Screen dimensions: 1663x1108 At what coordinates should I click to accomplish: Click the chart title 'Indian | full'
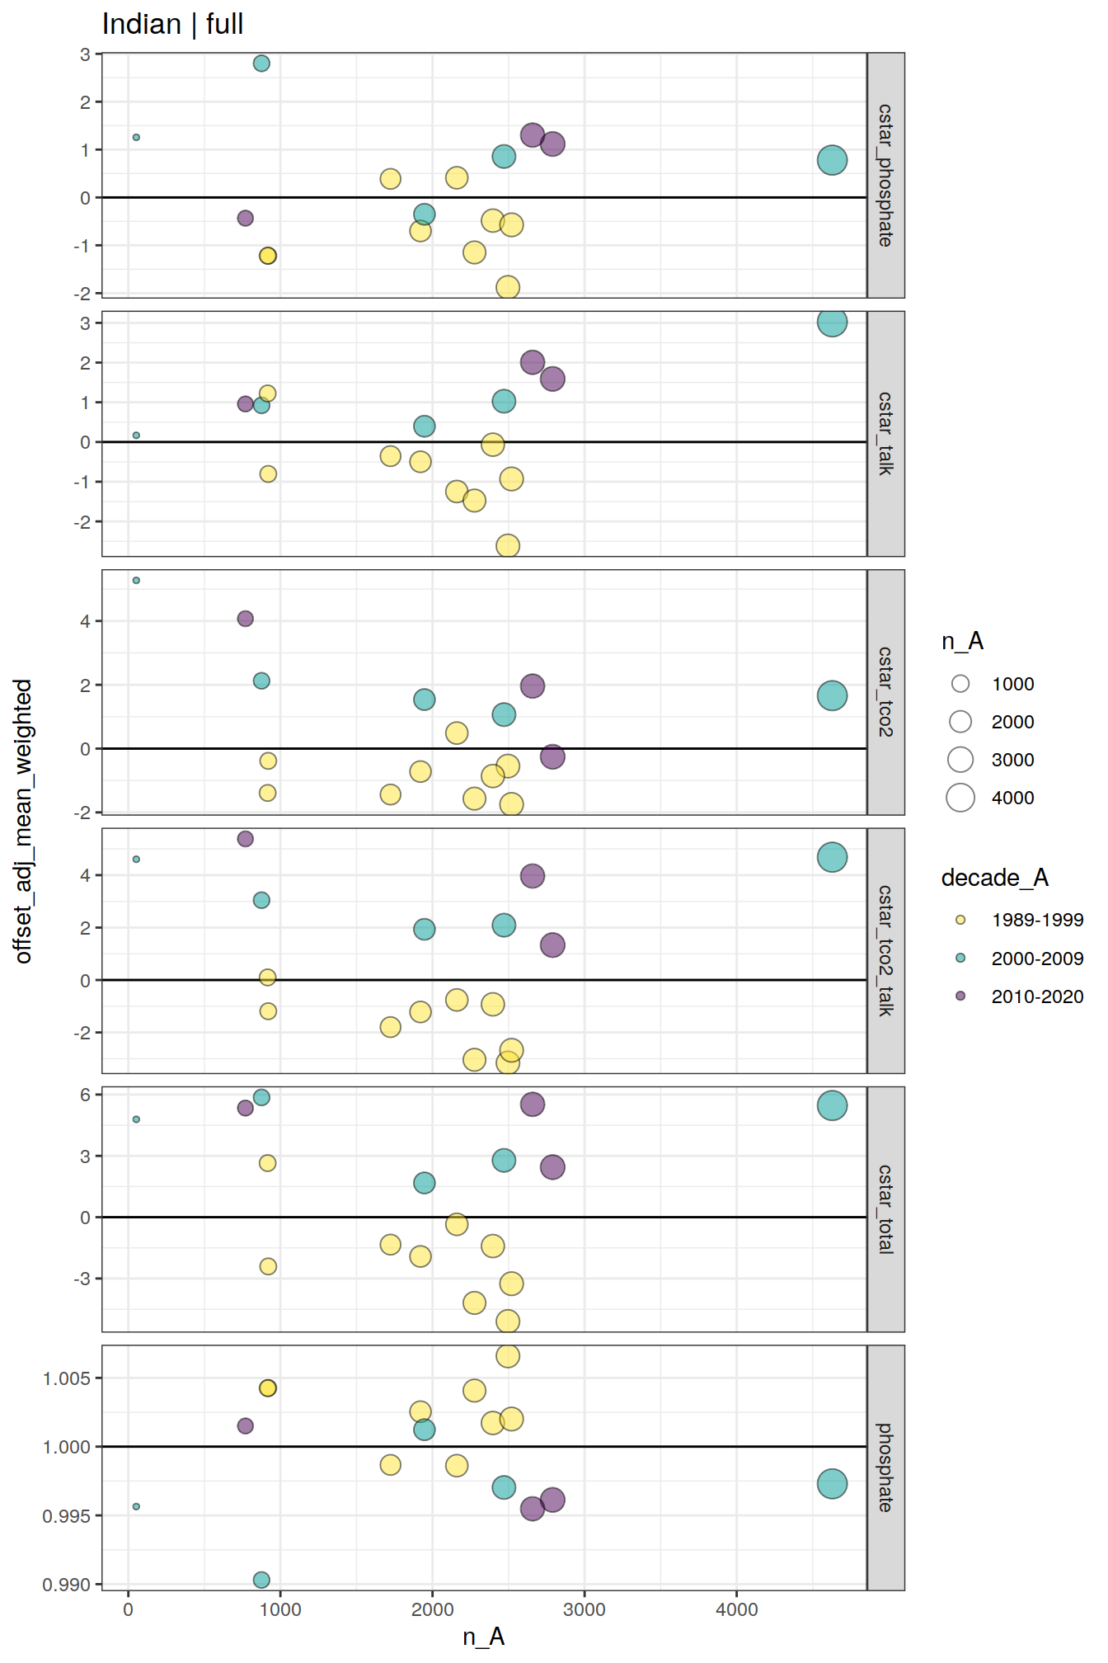pyautogui.click(x=172, y=25)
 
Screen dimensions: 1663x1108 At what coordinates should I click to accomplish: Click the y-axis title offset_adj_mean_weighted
pyautogui.click(x=23, y=821)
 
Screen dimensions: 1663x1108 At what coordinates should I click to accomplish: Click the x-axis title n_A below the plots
pyautogui.click(x=483, y=1637)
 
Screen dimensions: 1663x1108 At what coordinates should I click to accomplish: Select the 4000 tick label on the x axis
pyautogui.click(x=736, y=1609)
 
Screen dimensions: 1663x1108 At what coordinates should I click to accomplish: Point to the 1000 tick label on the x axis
pyautogui.click(x=280, y=1609)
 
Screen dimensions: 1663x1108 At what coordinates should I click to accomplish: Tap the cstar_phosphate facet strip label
pyautogui.click(x=885, y=175)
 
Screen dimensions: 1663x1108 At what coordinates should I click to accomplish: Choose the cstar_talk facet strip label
pyautogui.click(x=885, y=433)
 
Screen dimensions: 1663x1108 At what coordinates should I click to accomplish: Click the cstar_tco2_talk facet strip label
pyautogui.click(x=885, y=950)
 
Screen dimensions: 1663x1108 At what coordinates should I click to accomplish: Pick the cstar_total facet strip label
pyautogui.click(x=885, y=1208)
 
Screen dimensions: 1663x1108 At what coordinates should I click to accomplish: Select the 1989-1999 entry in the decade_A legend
pyautogui.click(x=1037, y=920)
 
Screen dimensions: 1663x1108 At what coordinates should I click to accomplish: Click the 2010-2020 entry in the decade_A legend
pyautogui.click(x=1037, y=996)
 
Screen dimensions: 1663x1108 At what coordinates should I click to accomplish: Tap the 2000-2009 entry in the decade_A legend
pyautogui.click(x=1037, y=959)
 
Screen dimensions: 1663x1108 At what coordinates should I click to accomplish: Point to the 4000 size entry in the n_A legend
pyautogui.click(x=1012, y=798)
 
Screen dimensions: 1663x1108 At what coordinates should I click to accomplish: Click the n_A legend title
pyautogui.click(x=962, y=642)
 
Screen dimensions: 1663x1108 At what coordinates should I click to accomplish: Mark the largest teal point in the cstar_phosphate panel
pyautogui.click(x=832, y=160)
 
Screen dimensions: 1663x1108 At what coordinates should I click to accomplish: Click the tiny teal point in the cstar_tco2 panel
pyautogui.click(x=136, y=581)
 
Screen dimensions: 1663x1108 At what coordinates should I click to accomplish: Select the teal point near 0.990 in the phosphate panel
pyautogui.click(x=261, y=1580)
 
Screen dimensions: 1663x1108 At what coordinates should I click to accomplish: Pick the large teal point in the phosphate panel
pyautogui.click(x=832, y=1484)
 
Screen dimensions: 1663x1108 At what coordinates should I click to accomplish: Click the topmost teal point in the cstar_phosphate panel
pyautogui.click(x=261, y=64)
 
